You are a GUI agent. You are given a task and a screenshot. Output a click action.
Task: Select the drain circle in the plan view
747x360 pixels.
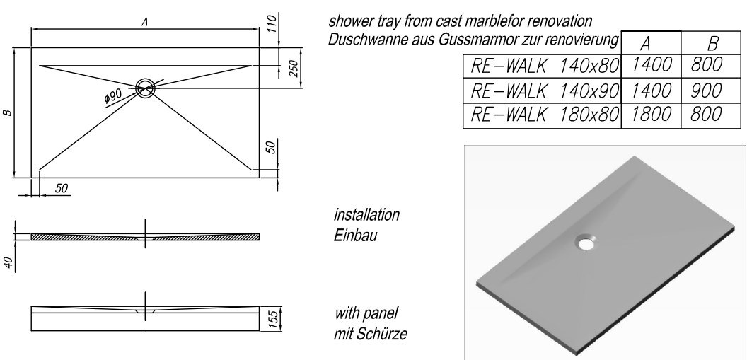[146, 88]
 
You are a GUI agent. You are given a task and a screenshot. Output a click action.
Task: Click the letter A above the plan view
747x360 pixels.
[144, 23]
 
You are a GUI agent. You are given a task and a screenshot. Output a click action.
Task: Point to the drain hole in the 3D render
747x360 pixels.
[585, 242]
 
